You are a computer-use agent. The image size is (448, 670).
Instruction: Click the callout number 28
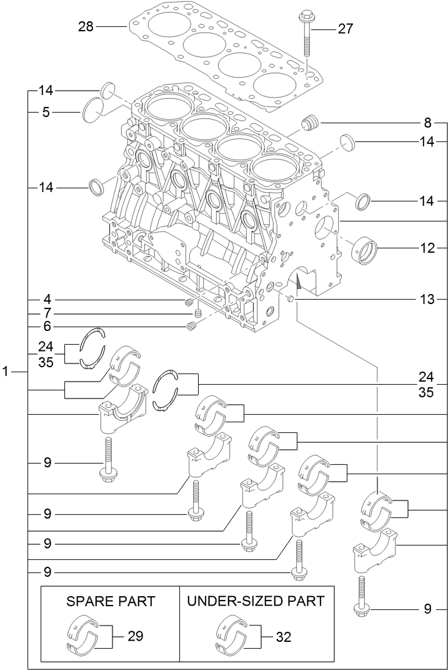tap(86, 26)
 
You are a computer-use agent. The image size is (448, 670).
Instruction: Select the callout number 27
tap(345, 29)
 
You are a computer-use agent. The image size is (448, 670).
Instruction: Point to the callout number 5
tap(46, 113)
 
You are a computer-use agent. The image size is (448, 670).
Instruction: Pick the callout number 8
tap(427, 122)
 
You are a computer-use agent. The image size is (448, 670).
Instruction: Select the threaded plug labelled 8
tap(309, 123)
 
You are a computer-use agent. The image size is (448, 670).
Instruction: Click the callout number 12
tap(427, 248)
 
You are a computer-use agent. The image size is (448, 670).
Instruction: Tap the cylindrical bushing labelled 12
tap(366, 250)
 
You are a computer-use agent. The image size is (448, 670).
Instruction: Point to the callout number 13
tap(427, 300)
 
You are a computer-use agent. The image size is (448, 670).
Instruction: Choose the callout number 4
tap(46, 300)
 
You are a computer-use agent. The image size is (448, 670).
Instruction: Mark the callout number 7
tap(46, 313)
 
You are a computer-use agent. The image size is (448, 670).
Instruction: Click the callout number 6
tap(46, 326)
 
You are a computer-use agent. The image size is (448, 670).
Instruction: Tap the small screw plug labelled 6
tap(192, 326)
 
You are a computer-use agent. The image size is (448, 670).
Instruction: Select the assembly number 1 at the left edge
tap(6, 372)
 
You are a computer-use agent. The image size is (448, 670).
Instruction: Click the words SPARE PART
tap(111, 601)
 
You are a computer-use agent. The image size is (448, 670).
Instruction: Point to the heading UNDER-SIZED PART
tap(256, 601)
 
